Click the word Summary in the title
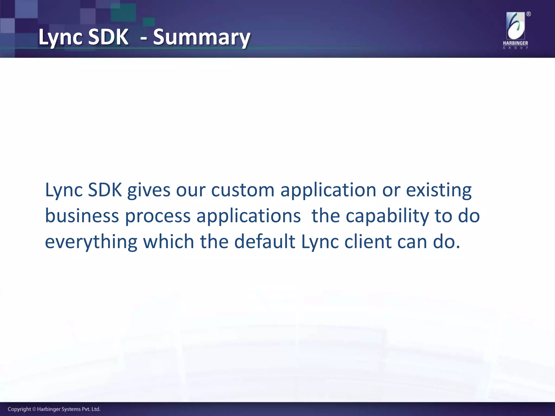click(x=201, y=37)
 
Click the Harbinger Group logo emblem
click(x=515, y=26)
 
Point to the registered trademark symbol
click(x=528, y=14)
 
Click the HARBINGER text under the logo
click(x=515, y=43)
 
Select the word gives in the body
click(x=149, y=190)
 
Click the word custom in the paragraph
click(x=243, y=190)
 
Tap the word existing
click(x=438, y=190)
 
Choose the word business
click(x=82, y=216)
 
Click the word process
click(x=158, y=216)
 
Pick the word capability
click(x=387, y=216)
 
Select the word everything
click(x=91, y=242)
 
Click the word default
click(x=264, y=242)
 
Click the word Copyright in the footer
click(x=19, y=409)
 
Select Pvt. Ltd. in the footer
click(x=91, y=409)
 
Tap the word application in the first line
click(x=328, y=190)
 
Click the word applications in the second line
click(x=249, y=216)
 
